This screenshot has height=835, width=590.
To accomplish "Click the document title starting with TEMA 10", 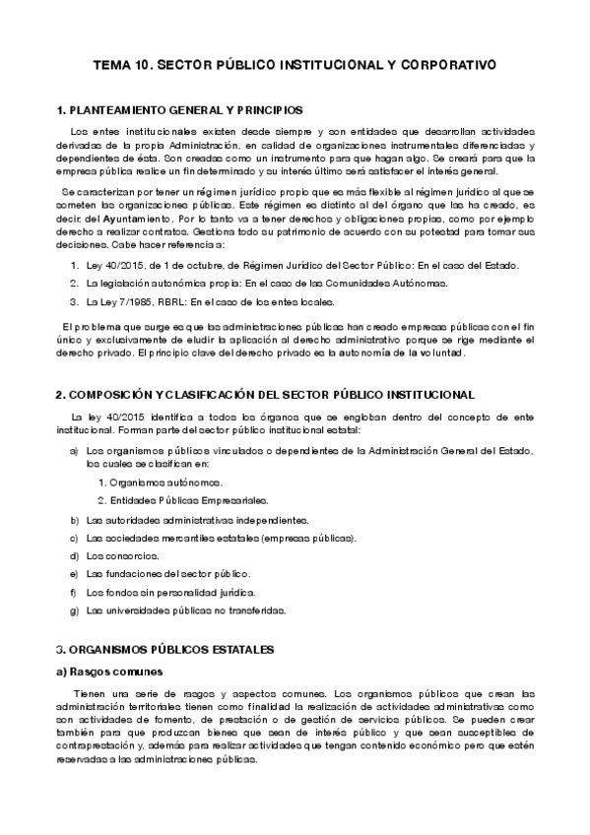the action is (295, 65).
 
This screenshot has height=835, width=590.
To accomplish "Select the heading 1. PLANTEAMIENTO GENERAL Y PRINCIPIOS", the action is (179, 109).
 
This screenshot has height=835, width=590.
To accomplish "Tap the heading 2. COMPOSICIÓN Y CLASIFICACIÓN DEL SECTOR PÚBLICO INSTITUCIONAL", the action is (265, 394).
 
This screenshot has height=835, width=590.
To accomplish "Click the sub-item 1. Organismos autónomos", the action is (161, 482).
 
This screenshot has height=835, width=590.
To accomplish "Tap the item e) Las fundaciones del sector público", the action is (168, 573).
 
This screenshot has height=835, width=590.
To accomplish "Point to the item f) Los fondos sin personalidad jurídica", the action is (170, 592).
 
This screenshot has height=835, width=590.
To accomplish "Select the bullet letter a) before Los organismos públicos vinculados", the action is (75, 450).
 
